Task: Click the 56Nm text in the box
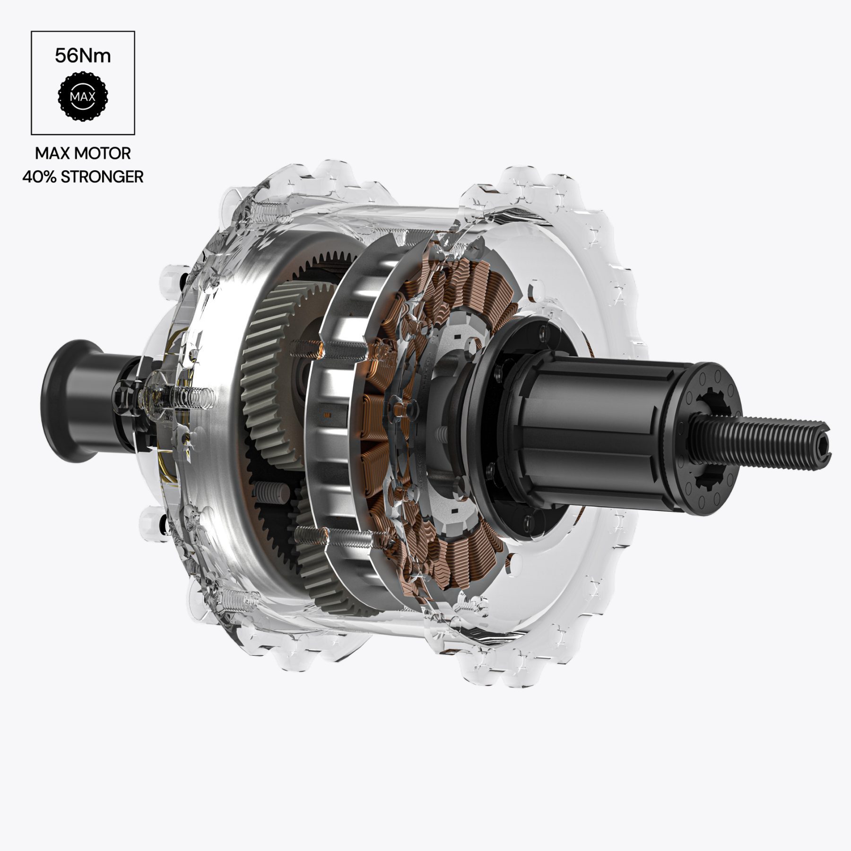[x=83, y=56]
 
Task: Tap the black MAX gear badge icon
[x=83, y=96]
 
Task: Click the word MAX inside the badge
[x=83, y=97]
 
